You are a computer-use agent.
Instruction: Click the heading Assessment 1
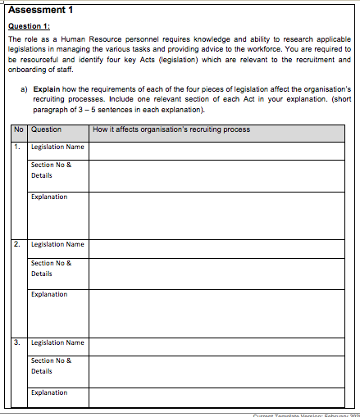tap(40, 10)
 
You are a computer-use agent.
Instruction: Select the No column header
tap(19, 129)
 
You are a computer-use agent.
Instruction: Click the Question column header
tap(46, 129)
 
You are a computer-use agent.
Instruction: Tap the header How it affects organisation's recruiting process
tap(171, 129)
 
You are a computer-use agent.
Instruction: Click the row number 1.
tap(18, 147)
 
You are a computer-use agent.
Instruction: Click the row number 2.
tap(18, 244)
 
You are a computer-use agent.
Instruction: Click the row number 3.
tap(18, 342)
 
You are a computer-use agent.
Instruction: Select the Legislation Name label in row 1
tap(57, 147)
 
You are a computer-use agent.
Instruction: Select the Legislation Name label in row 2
tap(57, 244)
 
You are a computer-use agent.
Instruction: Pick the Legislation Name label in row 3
tap(57, 342)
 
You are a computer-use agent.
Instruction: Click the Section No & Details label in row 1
tap(51, 170)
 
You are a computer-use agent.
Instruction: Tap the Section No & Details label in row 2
tap(51, 268)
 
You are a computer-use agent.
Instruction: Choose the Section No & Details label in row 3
tap(51, 365)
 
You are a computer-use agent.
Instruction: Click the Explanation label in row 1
tap(49, 197)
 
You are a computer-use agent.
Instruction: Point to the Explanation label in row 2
tap(49, 294)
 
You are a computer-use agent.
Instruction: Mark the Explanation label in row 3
tap(49, 392)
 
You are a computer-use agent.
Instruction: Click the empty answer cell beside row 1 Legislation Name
tap(216, 150)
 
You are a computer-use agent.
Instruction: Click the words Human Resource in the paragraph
tap(85, 38)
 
